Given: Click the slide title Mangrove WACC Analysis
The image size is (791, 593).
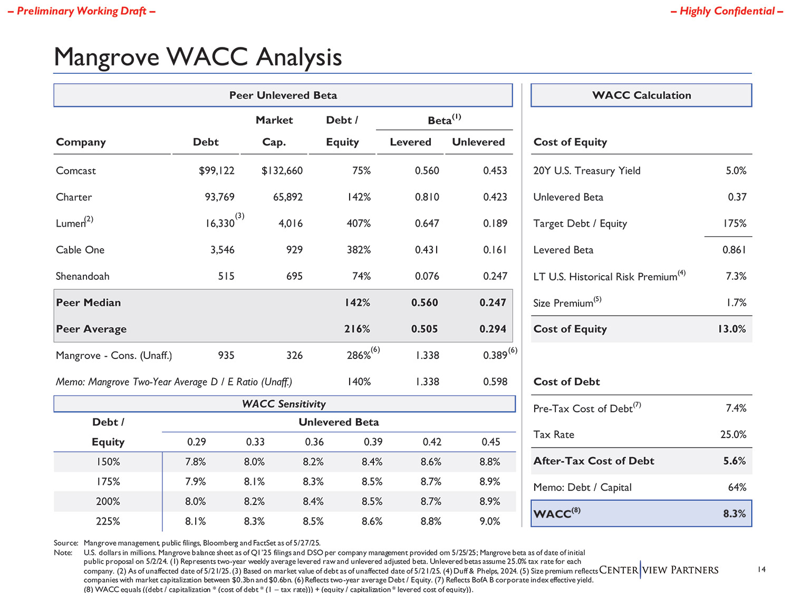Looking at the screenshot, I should pyautogui.click(x=198, y=57).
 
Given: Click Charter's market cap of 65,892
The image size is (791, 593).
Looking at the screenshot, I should pyautogui.click(x=288, y=197).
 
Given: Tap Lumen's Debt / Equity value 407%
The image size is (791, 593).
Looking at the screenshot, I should pyautogui.click(x=359, y=223).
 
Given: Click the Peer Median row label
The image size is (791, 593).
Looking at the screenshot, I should pyautogui.click(x=89, y=303).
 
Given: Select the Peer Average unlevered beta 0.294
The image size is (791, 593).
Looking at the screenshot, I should pyautogui.click(x=493, y=329).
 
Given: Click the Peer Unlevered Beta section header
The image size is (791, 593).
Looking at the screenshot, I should pyautogui.click(x=283, y=95).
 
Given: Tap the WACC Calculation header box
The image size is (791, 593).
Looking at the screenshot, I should pyautogui.click(x=641, y=95).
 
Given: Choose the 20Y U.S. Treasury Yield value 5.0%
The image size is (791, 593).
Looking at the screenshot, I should pyautogui.click(x=736, y=171).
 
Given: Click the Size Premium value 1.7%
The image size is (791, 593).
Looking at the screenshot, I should pyautogui.click(x=736, y=303).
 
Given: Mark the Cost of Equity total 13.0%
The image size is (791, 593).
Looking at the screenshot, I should pyautogui.click(x=731, y=329).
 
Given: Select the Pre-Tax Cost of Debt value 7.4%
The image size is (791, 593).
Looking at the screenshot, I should pyautogui.click(x=736, y=408).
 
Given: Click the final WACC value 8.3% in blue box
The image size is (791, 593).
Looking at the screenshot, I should pyautogui.click(x=734, y=513).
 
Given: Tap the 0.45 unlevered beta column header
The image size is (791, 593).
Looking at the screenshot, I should pyautogui.click(x=490, y=442).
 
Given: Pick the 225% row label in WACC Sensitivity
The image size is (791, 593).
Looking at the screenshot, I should pyautogui.click(x=108, y=521).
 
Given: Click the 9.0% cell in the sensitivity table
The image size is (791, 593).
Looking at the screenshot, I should pyautogui.click(x=490, y=521).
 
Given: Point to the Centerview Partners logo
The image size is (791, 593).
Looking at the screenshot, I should pyautogui.click(x=659, y=570).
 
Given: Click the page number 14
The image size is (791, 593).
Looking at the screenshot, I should pyautogui.click(x=761, y=569).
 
